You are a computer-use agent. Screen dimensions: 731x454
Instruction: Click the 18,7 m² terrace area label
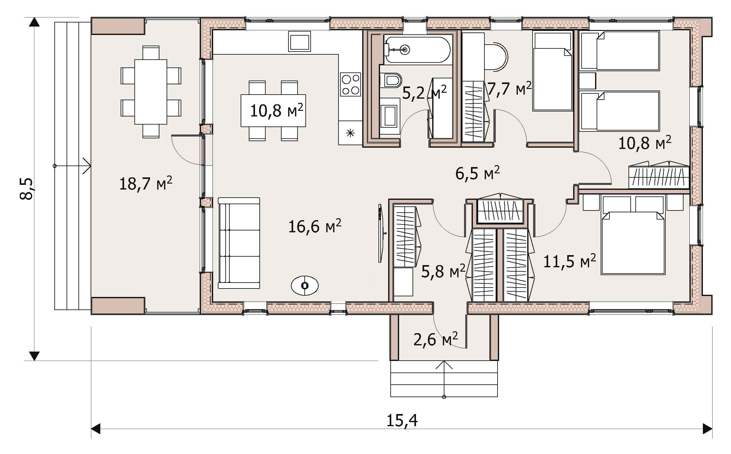tap(146, 184)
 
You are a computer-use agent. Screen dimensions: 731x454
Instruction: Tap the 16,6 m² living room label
tap(314, 226)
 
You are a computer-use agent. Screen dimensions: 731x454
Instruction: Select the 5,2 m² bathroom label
tap(424, 92)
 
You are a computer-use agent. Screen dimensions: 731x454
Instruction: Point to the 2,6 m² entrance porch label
tap(436, 339)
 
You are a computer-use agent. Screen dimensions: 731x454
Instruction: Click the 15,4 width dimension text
tap(402, 421)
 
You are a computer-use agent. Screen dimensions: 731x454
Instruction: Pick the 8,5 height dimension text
tap(26, 189)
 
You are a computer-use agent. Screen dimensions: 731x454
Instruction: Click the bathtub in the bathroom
tap(417, 49)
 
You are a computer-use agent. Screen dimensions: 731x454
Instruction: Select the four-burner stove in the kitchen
tap(350, 84)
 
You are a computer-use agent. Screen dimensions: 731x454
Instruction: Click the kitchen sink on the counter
tap(299, 41)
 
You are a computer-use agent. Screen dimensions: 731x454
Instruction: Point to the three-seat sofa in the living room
tap(239, 243)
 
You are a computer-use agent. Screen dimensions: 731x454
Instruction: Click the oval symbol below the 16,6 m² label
tap(305, 286)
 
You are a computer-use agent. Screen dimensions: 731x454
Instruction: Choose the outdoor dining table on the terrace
tap(151, 92)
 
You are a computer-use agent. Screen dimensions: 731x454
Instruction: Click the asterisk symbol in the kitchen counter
tap(351, 134)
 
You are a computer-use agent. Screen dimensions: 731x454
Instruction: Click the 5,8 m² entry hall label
tap(443, 271)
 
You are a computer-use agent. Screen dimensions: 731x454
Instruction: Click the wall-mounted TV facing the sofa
tap(380, 233)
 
